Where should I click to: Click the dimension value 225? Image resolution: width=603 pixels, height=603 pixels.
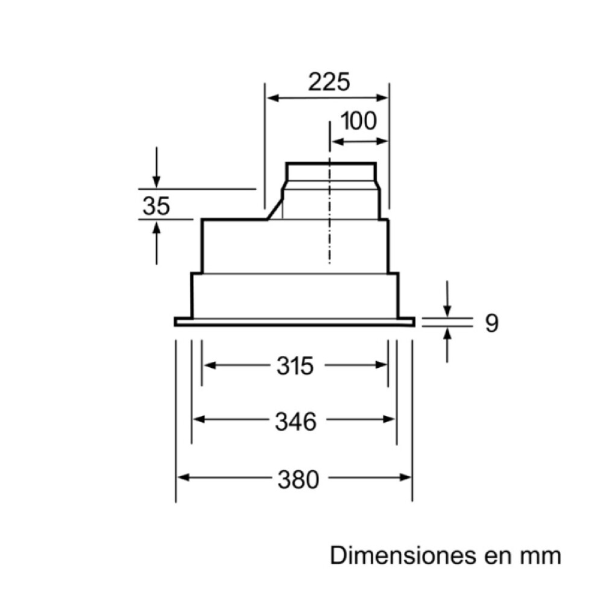[329, 81]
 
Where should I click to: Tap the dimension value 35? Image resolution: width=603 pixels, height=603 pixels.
[156, 206]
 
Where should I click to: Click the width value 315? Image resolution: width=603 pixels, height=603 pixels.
[295, 366]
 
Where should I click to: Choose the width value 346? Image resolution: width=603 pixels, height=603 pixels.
[295, 421]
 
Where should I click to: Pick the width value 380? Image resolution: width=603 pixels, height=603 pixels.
[298, 480]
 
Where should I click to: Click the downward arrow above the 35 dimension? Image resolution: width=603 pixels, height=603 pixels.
[156, 179]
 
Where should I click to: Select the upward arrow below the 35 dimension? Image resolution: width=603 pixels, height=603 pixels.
[156, 229]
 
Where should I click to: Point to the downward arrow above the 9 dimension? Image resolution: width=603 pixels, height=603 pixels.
[447, 309]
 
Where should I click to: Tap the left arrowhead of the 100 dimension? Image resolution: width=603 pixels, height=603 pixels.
[336, 142]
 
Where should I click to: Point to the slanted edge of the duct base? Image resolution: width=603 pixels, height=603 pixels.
[275, 209]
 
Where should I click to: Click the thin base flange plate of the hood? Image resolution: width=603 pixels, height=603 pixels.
[294, 322]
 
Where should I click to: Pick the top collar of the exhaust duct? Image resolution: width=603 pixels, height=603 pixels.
[330, 171]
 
